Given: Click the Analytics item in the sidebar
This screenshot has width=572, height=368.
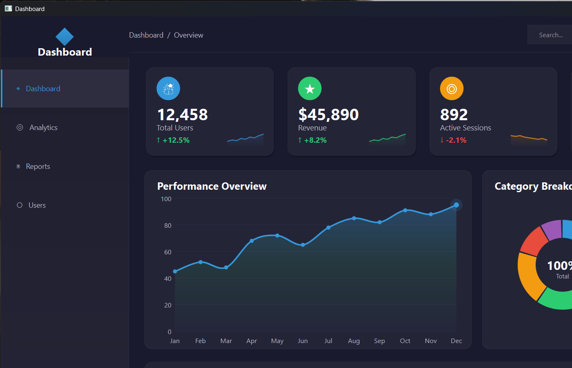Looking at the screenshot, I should coord(43,128).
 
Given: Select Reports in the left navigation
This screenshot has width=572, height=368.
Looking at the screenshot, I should coord(38,166).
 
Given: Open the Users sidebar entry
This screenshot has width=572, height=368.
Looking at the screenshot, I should coord(37,205).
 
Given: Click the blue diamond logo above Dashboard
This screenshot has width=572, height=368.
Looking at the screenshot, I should coord(65,37).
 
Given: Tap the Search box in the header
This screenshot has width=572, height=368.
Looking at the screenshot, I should coord(550,35).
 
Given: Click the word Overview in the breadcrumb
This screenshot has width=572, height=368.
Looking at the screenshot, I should coord(188,35).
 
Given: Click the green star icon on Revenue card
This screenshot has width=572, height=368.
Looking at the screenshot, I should coord(310,88).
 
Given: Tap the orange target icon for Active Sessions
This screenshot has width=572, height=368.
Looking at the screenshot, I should coord(451,88).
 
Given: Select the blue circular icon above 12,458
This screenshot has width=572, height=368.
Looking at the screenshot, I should coord(168,88).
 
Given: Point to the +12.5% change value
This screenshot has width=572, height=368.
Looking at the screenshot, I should coord(176,140).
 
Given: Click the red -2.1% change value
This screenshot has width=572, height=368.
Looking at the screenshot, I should coord(456,140).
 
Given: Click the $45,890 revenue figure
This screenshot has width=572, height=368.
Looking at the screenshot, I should coord(328,114).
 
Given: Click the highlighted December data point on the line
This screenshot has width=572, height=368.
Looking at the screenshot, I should coord(456,205).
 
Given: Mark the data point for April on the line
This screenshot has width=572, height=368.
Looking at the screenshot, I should coord(252,241).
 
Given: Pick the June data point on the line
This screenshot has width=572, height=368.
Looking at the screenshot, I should coord(303,245).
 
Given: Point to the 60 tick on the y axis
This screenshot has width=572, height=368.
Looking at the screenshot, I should coord(168,252).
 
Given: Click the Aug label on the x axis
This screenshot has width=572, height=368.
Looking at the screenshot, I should coord(354,341).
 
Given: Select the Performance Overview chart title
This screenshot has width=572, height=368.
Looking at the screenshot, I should coord(212,186).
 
